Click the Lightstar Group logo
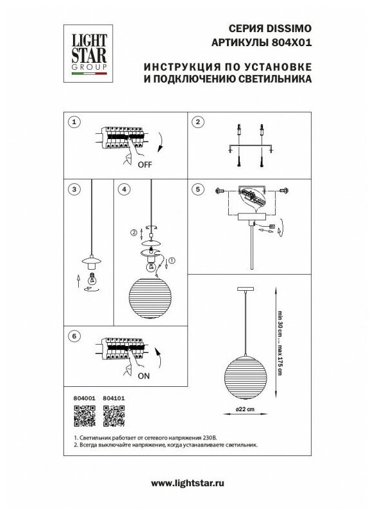coord(88,54)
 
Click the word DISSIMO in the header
coord(288,29)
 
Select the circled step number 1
coord(74,122)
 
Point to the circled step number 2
coord(197,122)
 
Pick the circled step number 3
coord(74,189)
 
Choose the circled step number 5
coord(197,189)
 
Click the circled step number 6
coord(74,336)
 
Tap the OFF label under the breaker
coord(145,165)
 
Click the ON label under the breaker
coord(144,376)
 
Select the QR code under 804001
coord(85,416)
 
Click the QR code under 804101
coord(114,416)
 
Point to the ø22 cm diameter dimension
coord(245,409)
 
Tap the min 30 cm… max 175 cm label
coord(280,343)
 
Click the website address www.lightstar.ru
coord(187,483)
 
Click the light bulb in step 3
coord(92,279)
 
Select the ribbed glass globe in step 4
coord(150,298)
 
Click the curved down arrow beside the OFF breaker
coord(161,143)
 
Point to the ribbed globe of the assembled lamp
coord(246,378)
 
